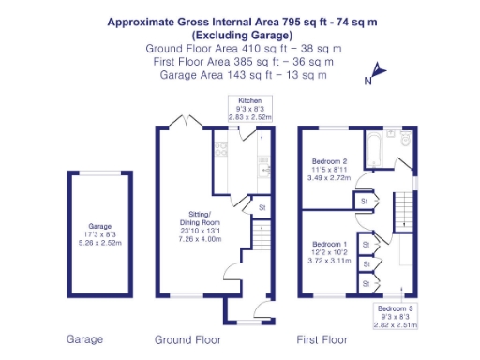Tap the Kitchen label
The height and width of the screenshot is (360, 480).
(x=249, y=99)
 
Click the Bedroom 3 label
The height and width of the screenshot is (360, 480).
(x=394, y=308)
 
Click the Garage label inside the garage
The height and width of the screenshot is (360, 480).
(x=99, y=226)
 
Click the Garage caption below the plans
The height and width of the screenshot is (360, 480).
(x=83, y=338)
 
